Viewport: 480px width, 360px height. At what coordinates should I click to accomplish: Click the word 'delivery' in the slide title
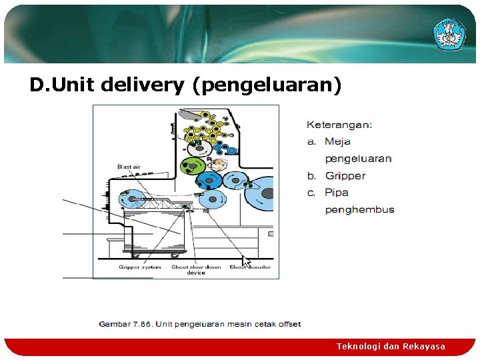pos(143,85)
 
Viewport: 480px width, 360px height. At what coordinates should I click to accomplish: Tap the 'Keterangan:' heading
pos(339,124)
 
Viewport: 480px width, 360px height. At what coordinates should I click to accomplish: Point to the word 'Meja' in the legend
pos(337,141)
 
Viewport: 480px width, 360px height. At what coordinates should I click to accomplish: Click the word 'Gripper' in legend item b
pos(345,176)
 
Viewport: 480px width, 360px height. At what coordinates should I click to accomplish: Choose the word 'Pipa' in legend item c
pos(337,193)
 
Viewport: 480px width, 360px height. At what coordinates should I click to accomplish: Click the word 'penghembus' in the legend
pos(359,210)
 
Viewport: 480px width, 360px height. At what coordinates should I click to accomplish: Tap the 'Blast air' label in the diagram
pos(129,167)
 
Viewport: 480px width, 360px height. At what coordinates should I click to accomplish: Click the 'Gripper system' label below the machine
pos(140,267)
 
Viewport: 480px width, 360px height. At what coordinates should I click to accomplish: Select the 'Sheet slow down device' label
pos(196,269)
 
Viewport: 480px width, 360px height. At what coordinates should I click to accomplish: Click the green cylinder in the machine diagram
pos(194,165)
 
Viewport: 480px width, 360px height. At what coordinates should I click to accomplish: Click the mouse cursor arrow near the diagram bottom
pos(245,261)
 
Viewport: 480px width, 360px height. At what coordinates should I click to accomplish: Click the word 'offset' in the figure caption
pos(288,325)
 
